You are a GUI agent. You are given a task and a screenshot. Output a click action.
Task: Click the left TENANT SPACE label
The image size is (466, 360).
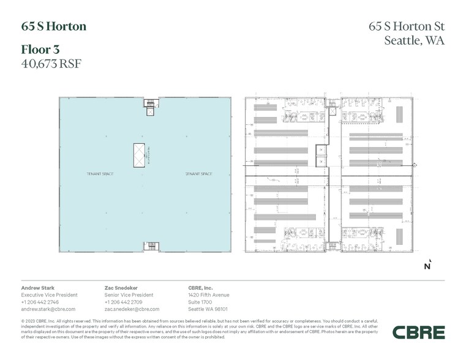pos(100,174)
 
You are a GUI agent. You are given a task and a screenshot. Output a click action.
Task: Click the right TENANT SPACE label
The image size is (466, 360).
pos(198,174)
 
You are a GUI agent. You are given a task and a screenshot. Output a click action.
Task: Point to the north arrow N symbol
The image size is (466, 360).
pos(427,265)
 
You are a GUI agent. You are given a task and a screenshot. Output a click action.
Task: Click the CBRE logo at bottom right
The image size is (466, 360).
pos(419,332)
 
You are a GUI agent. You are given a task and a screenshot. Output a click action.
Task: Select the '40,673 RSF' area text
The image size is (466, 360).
pos(51,62)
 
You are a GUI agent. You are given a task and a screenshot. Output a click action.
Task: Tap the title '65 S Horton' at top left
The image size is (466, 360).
pos(54,26)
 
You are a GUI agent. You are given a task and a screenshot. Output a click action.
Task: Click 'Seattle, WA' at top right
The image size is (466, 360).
pos(414,41)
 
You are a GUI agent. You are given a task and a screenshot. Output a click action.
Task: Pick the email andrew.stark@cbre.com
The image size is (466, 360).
pos(48,309)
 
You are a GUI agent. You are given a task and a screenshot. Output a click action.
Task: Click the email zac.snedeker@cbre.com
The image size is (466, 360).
pos(132,309)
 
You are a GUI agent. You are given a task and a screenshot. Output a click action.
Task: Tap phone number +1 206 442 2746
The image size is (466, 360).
pos(40,302)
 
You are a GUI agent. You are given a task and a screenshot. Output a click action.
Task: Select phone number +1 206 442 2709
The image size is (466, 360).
pos(124,302)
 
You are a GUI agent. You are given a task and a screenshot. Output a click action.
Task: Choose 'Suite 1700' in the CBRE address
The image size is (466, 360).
pos(200,302)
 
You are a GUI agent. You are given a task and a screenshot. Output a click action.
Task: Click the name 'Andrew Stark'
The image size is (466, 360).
pos(38,287)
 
